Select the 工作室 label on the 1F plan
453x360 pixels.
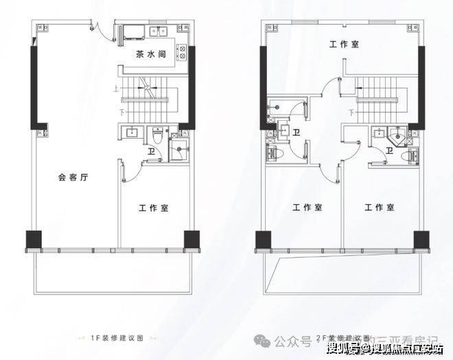pos(154,207)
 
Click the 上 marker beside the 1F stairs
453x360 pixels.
pos(117,87)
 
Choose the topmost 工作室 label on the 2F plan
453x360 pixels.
pos(344,44)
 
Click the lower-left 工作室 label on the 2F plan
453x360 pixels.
pos(307,207)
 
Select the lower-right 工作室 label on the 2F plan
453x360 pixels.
pos(380,207)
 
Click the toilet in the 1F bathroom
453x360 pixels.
pos(157,136)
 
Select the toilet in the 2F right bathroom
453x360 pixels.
pos(412,155)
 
